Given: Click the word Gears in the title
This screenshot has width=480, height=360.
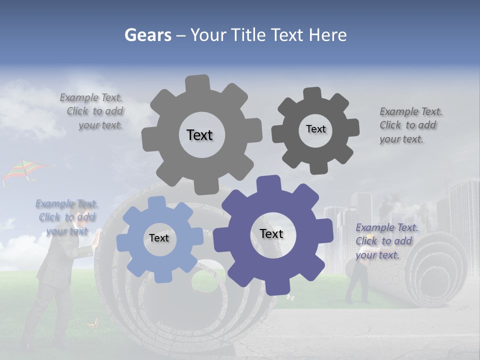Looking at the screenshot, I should pos(147,35).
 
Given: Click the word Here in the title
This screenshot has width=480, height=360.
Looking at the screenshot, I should pos(327,35).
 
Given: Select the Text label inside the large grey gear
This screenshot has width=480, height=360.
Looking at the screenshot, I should pos(199,135).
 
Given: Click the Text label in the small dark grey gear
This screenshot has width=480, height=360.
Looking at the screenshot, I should pos(315,129).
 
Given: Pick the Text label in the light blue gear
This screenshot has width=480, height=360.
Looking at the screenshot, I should pos(159,238).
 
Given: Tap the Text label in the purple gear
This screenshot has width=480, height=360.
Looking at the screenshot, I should pos(271,233).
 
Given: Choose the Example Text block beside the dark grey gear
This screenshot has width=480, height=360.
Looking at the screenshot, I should pos(410,125).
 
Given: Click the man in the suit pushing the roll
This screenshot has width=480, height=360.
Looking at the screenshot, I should pos(55,280).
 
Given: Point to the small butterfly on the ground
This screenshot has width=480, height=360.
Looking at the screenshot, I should pos(92,324).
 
